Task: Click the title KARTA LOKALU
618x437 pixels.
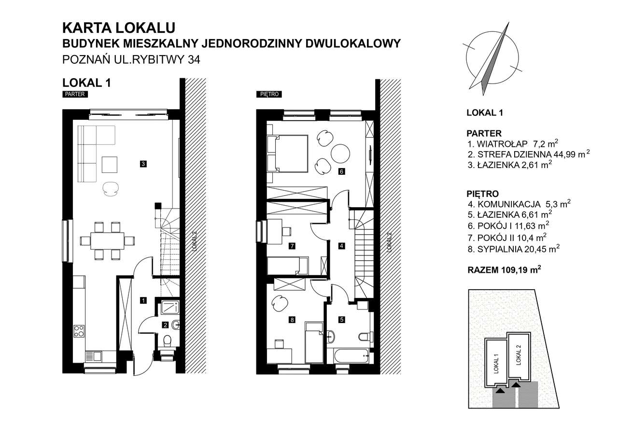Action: (119, 28)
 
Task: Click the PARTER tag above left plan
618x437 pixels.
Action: (74, 95)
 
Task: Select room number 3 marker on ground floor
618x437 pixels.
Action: (143, 164)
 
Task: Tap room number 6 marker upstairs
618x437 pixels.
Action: (341, 171)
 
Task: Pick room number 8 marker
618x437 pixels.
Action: (292, 319)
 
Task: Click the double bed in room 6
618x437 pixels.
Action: (288, 153)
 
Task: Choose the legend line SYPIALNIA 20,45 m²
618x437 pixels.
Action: (513, 249)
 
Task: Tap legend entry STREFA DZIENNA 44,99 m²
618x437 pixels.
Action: (529, 155)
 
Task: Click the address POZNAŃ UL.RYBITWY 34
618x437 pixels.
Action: (131, 60)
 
